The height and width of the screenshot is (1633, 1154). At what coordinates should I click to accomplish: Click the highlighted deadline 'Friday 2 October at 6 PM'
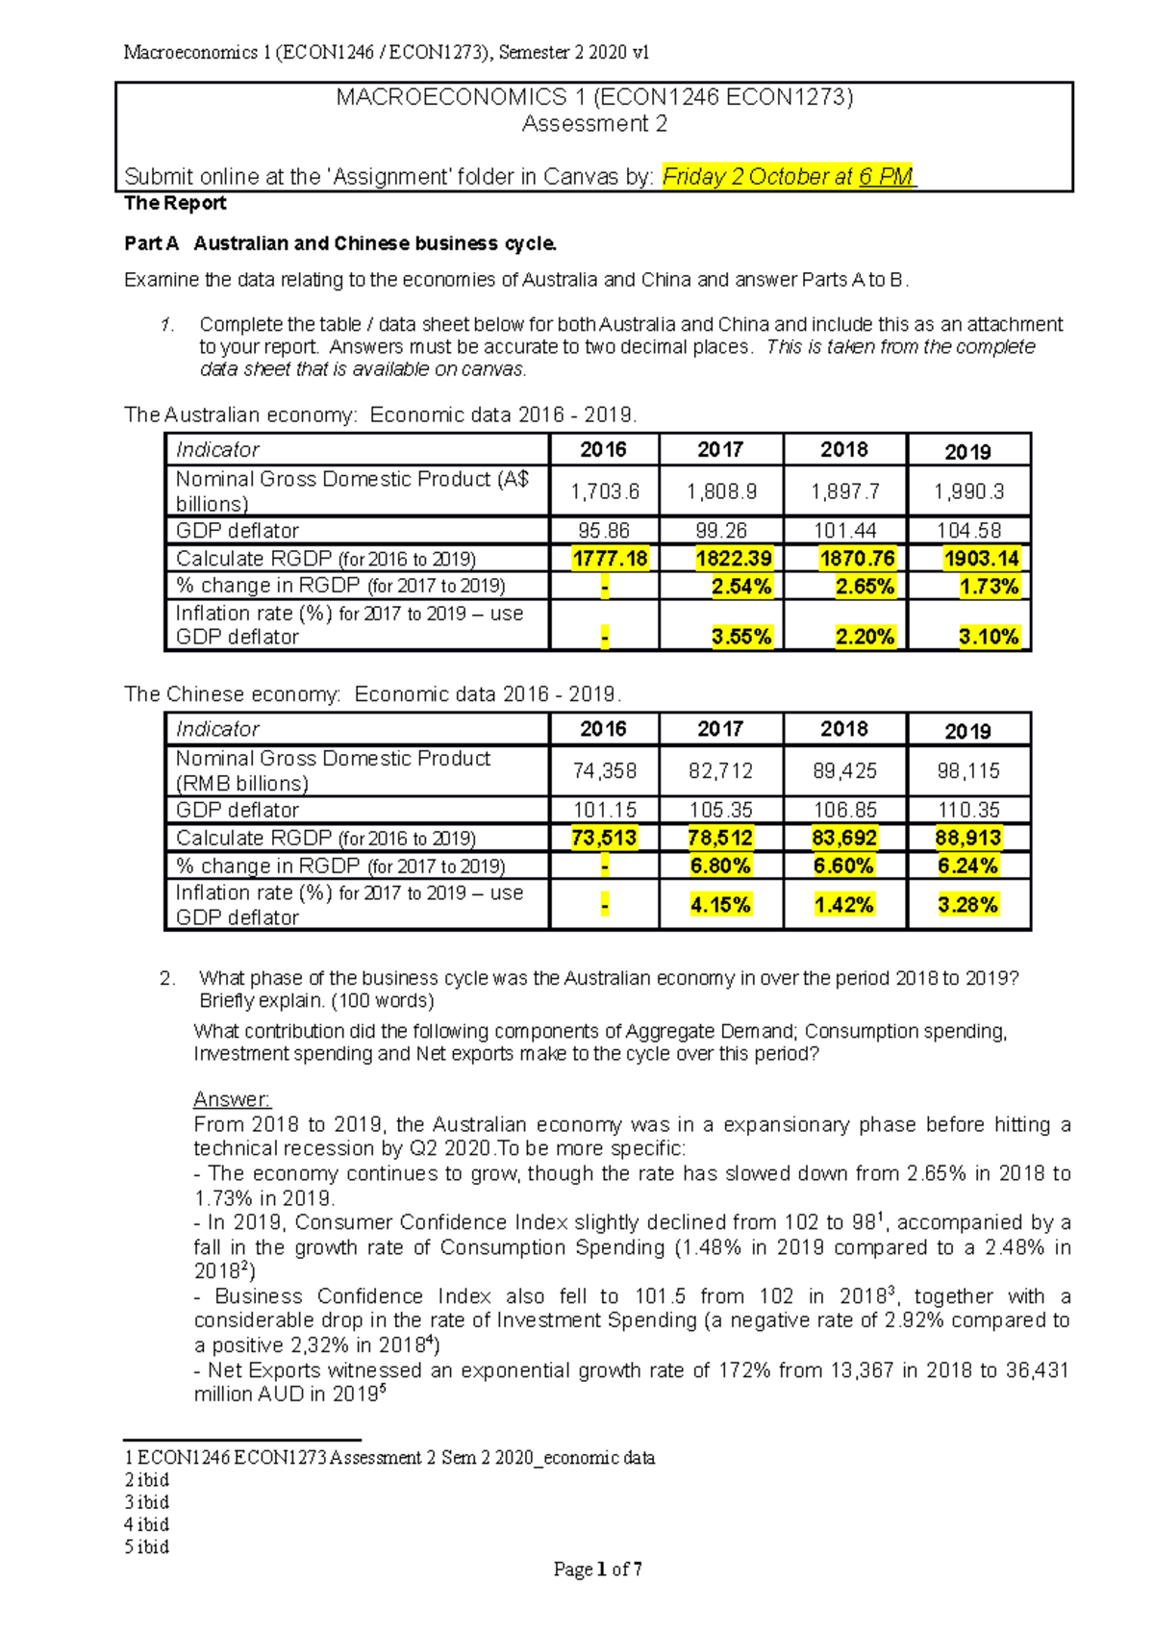(788, 177)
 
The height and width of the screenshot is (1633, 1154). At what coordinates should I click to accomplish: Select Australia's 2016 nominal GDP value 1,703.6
(604, 491)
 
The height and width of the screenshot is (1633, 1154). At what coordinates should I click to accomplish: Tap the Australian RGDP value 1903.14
(967, 559)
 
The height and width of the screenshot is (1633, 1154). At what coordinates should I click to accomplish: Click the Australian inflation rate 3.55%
(741, 637)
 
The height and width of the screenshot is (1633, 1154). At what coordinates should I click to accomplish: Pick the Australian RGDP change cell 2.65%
(865, 587)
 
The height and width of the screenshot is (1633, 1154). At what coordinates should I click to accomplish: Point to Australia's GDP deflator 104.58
(968, 531)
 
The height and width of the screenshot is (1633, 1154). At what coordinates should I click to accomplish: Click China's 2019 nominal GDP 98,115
(968, 771)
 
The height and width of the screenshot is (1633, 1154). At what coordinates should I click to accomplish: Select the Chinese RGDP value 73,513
(604, 838)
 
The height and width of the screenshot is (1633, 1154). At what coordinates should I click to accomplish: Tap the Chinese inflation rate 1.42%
(844, 905)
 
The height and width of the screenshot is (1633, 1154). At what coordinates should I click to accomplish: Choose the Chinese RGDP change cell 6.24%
(967, 866)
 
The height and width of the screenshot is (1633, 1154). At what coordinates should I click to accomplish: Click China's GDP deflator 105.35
(720, 810)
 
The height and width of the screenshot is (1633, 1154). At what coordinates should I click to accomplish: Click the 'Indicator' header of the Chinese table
(217, 729)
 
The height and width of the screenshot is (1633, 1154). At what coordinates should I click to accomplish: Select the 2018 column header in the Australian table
(843, 450)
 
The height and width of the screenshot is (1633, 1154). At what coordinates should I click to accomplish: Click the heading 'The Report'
(175, 203)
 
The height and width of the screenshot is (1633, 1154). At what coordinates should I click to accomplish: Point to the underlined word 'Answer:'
(232, 1099)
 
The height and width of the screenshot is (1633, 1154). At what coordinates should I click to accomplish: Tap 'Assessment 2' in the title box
(593, 124)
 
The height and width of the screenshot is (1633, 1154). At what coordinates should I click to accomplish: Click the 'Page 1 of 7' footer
(597, 1570)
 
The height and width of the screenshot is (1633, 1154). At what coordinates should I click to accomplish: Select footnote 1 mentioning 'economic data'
(389, 1457)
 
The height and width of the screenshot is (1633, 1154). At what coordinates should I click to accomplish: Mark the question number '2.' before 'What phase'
(167, 978)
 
